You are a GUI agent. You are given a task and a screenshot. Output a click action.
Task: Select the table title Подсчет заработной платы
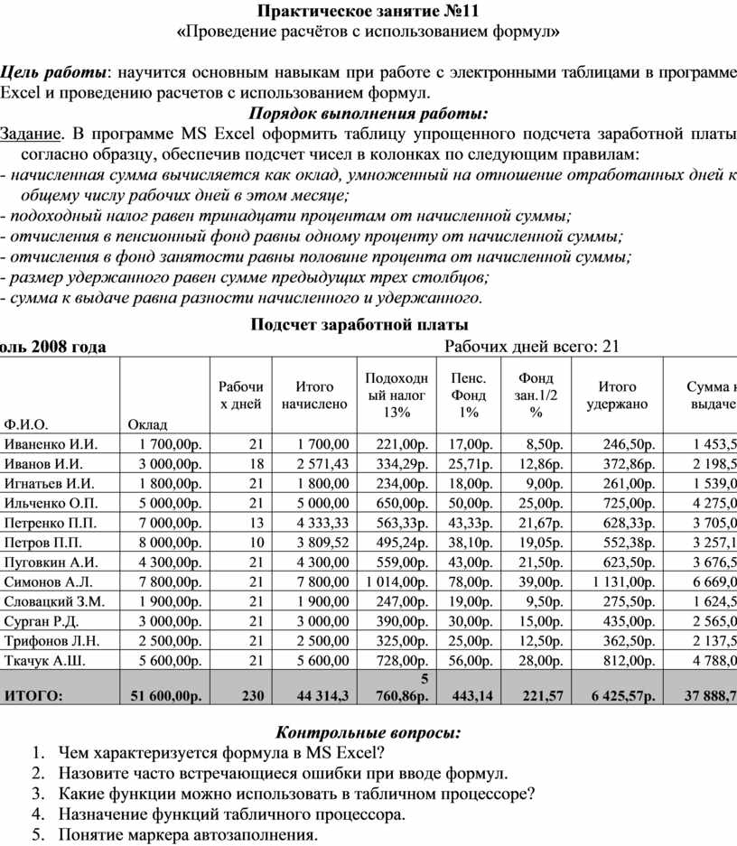tap(359, 325)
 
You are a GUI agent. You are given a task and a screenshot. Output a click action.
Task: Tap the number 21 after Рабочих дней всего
tap(611, 347)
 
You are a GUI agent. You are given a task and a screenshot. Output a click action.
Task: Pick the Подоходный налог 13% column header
tap(396, 395)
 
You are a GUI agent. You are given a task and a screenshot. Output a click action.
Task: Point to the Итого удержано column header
tap(617, 395)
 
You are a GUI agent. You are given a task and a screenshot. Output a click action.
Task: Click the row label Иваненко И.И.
tap(51, 444)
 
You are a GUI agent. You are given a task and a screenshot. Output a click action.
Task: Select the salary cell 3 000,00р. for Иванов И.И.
tap(170, 464)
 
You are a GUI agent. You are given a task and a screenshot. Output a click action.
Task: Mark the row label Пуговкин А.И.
tap(51, 562)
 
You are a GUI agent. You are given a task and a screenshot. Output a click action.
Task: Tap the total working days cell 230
tap(253, 695)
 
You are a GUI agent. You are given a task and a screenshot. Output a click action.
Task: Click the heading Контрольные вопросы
tap(368, 731)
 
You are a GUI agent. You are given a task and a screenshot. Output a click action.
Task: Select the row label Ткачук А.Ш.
tap(46, 661)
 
